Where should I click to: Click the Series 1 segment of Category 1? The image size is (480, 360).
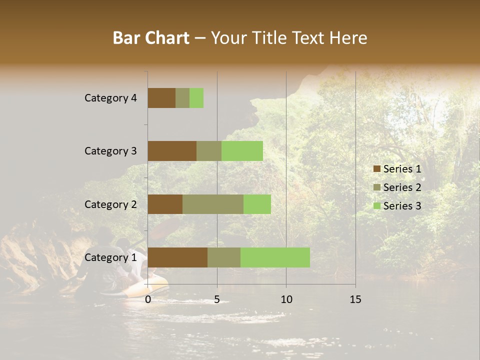(177, 257)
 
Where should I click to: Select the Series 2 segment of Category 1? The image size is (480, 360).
(224, 257)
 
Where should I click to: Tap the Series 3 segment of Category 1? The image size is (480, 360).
(275, 257)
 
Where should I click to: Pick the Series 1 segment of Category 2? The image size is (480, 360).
(165, 204)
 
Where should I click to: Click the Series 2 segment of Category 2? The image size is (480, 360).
(213, 204)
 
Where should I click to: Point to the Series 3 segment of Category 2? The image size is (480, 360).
(257, 204)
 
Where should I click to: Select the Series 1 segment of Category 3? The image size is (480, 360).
(172, 150)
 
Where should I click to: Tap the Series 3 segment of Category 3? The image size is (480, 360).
(242, 150)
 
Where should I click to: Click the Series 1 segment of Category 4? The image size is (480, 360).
(161, 97)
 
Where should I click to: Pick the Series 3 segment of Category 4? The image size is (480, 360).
(196, 97)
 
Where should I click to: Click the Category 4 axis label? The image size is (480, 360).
(110, 98)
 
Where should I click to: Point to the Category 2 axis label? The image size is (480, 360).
(110, 204)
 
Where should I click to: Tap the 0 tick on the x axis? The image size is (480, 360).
(148, 299)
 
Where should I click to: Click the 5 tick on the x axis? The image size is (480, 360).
(217, 299)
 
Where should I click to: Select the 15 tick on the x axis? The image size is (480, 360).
(355, 299)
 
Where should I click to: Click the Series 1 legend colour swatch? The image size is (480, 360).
(376, 169)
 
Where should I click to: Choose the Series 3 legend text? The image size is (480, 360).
(402, 206)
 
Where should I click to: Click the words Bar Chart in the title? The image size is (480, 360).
(151, 38)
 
